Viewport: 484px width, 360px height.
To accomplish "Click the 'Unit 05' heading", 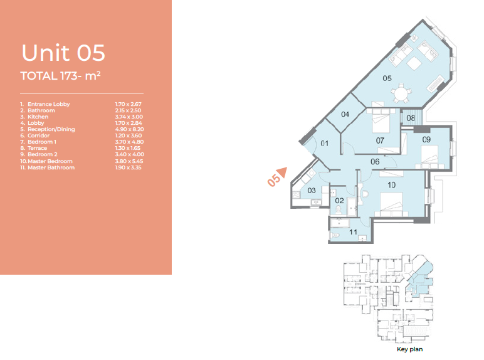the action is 63,53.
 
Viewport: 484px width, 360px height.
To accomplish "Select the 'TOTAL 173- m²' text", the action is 60,76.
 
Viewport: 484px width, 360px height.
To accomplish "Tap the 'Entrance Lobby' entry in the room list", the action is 49,104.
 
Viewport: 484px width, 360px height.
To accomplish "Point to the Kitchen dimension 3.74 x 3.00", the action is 129,117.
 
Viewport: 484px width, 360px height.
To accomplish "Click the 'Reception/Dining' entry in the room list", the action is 51,129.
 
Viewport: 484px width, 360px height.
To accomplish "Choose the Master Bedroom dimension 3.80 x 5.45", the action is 129,161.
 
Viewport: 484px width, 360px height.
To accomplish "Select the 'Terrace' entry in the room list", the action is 38,148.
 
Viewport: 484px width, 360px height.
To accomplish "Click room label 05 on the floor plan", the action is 387,78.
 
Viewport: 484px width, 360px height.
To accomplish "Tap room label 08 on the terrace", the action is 411,119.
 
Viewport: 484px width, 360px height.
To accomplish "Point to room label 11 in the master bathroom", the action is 353,232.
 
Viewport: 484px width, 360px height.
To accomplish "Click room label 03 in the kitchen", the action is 312,191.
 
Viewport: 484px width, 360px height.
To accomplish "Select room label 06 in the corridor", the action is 375,161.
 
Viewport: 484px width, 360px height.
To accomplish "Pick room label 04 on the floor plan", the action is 345,115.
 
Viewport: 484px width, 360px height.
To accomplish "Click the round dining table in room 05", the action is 401,93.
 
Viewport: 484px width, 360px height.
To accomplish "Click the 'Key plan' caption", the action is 409,349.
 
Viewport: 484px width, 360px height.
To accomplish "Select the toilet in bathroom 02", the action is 339,209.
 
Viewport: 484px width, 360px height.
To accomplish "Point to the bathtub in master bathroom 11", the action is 340,223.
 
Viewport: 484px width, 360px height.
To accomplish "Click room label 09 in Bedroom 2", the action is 426,140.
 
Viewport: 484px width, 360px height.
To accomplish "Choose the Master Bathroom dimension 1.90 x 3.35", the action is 128,167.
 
